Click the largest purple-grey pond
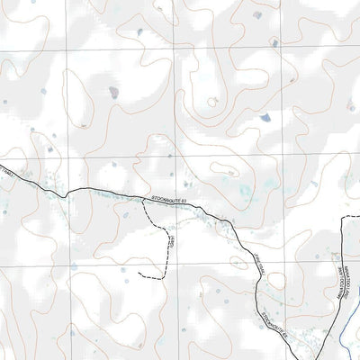point(113,92)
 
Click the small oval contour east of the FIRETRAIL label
point(236,263)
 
